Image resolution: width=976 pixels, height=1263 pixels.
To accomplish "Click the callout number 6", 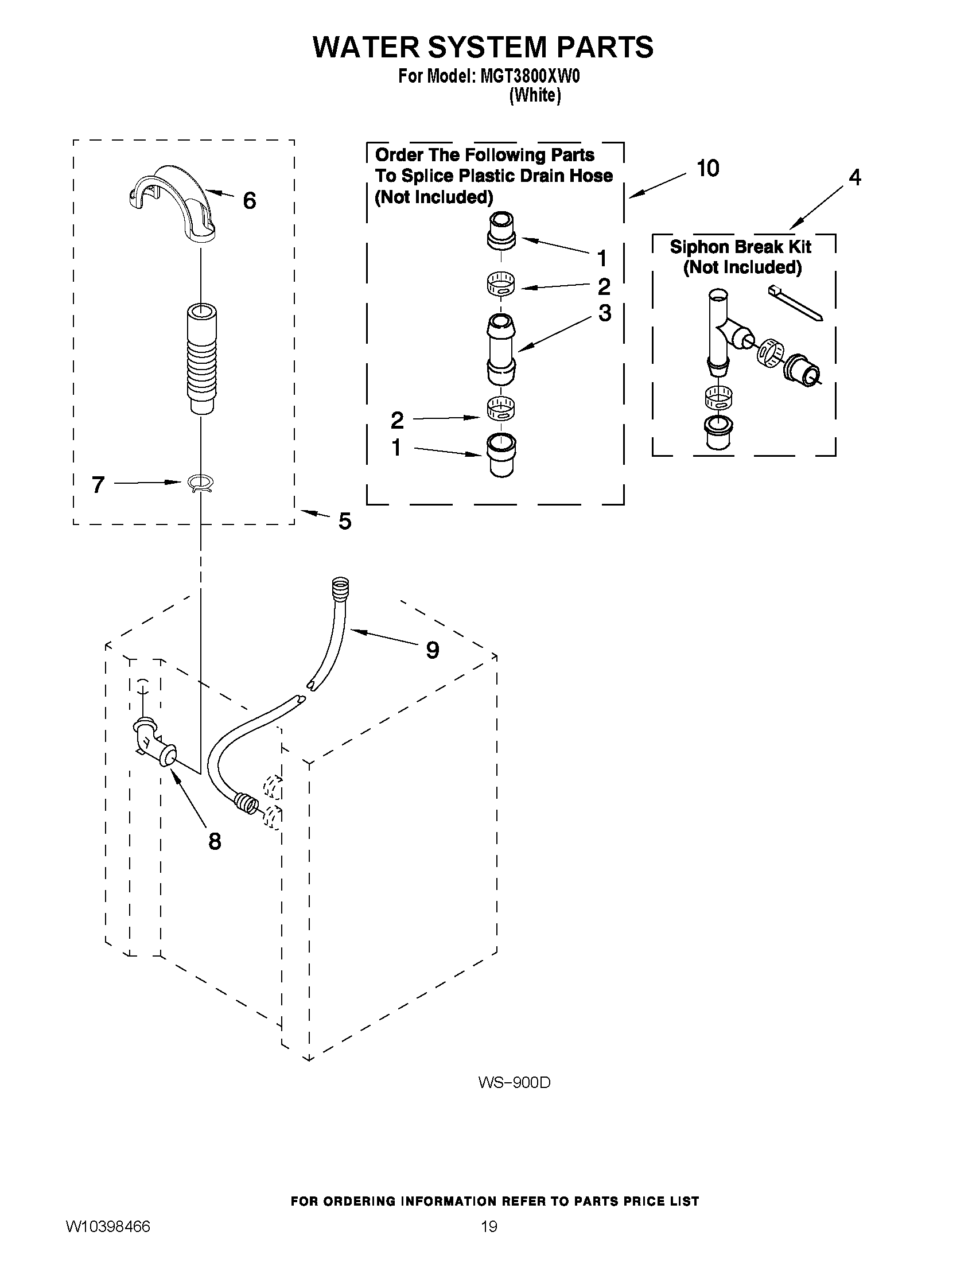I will (249, 201).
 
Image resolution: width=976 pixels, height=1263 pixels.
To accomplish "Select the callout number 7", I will (98, 484).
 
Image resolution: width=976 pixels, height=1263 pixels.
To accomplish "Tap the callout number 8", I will (215, 841).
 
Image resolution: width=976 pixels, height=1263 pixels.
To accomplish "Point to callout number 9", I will (432, 650).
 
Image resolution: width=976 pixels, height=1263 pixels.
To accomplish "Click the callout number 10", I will (707, 168).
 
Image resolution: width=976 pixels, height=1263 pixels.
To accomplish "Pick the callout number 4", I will (854, 177).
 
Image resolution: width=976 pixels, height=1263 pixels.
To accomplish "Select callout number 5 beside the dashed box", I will (345, 521).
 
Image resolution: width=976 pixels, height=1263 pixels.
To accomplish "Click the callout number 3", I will (604, 313).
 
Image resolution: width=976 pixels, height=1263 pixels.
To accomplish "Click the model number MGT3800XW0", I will (530, 76).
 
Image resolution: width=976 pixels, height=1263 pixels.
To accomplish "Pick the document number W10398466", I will (108, 1227).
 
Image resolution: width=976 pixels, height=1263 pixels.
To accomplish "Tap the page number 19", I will (489, 1227).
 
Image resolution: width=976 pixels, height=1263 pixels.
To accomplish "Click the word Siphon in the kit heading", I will (698, 247).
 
